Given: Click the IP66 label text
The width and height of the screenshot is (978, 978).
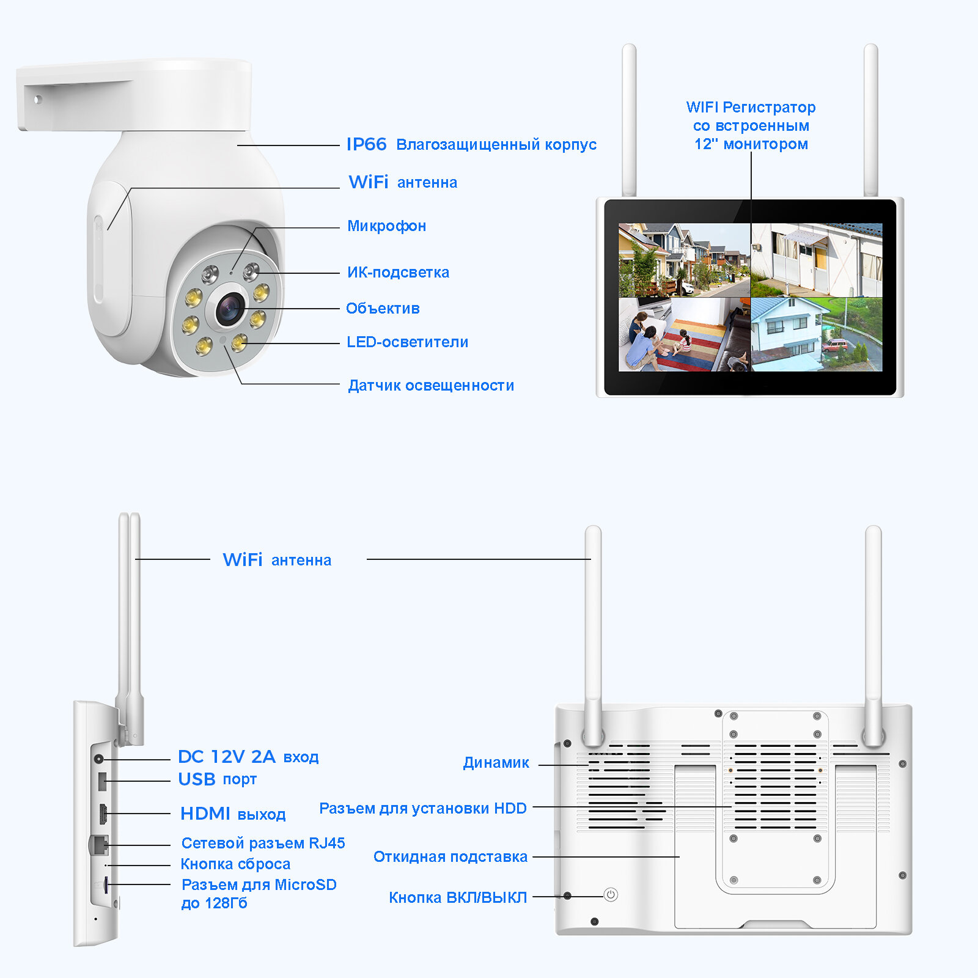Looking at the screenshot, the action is (367, 144).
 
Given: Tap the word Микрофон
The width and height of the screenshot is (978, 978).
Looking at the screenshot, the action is (386, 226).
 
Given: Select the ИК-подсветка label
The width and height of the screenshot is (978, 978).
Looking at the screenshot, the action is (398, 273).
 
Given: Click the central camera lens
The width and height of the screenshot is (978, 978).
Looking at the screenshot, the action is (230, 308).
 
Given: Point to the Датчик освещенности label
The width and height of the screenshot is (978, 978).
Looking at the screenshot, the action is (431, 386).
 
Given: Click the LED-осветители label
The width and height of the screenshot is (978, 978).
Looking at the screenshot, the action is (407, 342).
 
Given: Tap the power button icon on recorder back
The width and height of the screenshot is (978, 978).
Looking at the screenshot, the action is (611, 895).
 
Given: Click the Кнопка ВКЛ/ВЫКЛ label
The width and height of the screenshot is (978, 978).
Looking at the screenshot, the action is (458, 897).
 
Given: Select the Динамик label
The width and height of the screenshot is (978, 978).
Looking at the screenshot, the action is (496, 763).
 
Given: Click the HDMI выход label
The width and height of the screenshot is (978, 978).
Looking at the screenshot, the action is (233, 814).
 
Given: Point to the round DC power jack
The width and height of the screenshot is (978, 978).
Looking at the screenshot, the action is (99, 759).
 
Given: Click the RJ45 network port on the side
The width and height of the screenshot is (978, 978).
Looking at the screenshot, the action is (99, 845).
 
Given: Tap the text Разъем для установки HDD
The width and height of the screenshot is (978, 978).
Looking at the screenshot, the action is (422, 809).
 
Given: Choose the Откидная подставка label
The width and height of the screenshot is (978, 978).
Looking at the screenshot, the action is (450, 857).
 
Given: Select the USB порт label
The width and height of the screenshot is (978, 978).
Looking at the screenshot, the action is (217, 779).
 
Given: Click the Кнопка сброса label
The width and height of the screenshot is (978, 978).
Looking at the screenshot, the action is (235, 864).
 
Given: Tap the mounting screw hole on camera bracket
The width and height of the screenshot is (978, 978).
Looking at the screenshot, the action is (38, 99).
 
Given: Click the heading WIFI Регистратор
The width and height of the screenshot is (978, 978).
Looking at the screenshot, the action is (751, 108).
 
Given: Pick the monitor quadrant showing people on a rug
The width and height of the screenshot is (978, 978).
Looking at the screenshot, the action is (684, 335).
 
